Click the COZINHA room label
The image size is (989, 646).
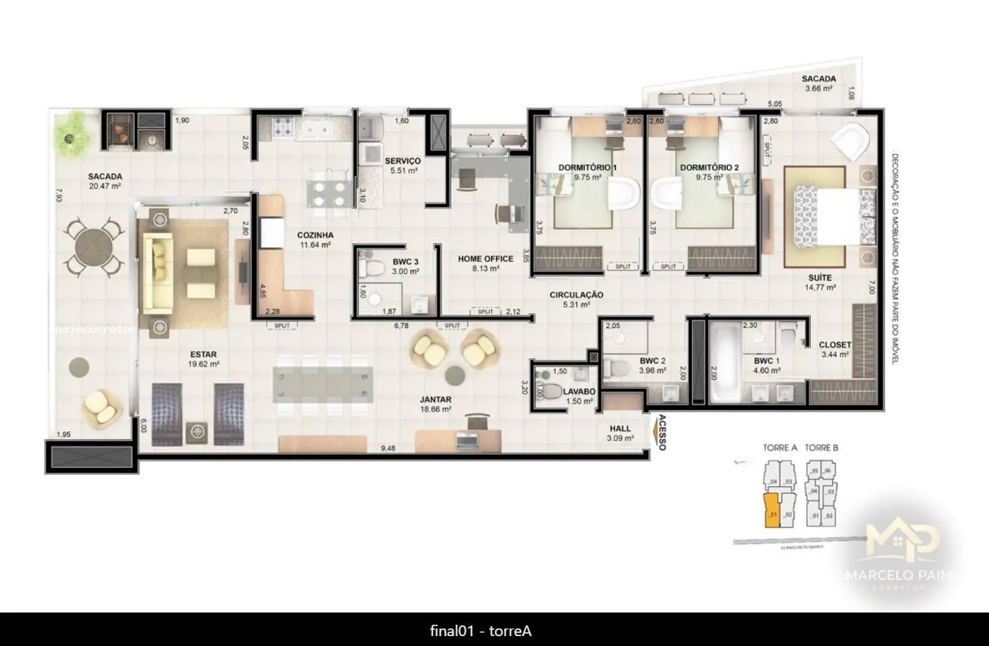point(314,235)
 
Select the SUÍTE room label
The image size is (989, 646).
point(820,278)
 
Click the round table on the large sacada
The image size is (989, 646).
point(95,247)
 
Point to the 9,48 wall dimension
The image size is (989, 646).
point(388,448)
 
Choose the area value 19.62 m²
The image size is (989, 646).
point(203,364)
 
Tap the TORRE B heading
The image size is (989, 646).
point(821,448)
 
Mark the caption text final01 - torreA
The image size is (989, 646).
point(480,631)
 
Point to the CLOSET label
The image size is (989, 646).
point(834,345)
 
